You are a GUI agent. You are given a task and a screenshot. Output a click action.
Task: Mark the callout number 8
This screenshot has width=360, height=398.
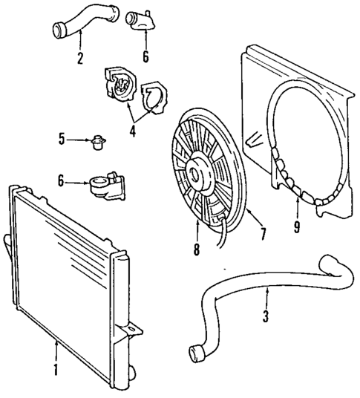(197, 251)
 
